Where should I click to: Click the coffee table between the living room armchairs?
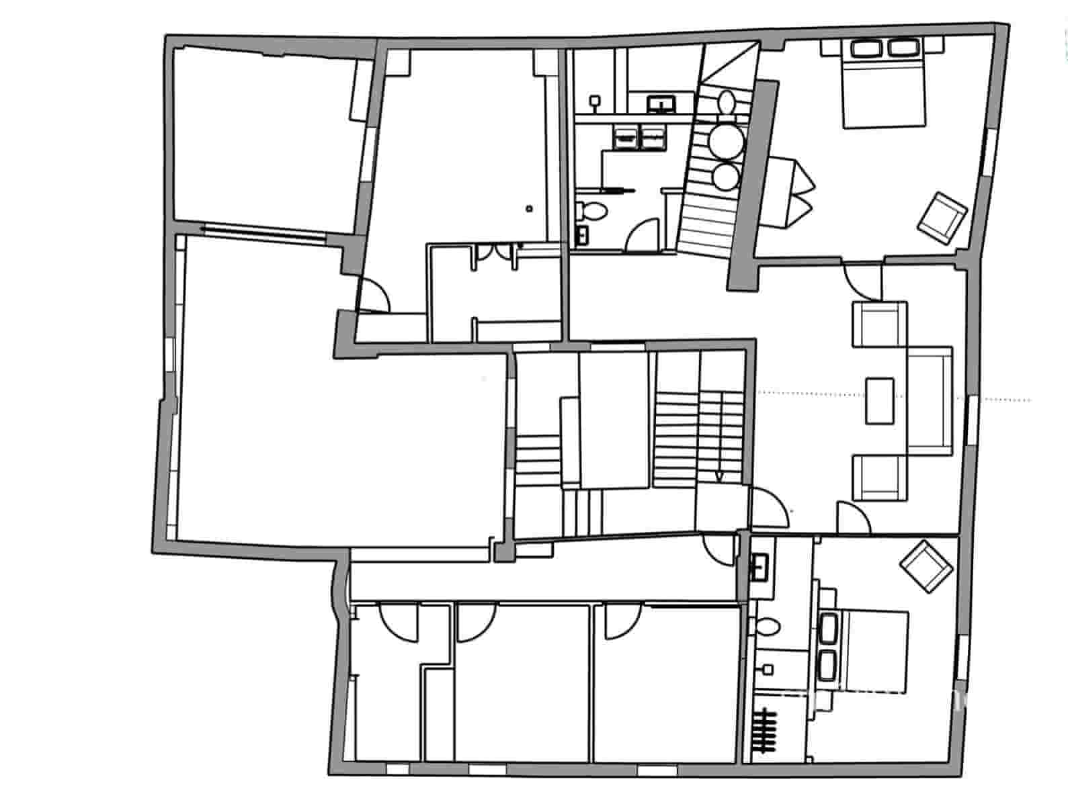pyautogui.click(x=880, y=401)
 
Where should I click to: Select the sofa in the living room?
pyautogui.click(x=930, y=401)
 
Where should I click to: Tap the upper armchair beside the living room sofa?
pyautogui.click(x=880, y=324)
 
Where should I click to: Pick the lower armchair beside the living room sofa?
pyautogui.click(x=880, y=477)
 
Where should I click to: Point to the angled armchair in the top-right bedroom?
pyautogui.click(x=942, y=216)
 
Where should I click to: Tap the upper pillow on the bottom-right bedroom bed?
pyautogui.click(x=829, y=629)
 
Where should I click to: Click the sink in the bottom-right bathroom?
pyautogui.click(x=762, y=566)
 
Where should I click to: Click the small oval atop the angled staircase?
pyautogui.click(x=725, y=102)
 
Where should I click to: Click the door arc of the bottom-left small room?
pyautogui.click(x=400, y=621)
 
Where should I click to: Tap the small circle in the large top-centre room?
pyautogui.click(x=530, y=208)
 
